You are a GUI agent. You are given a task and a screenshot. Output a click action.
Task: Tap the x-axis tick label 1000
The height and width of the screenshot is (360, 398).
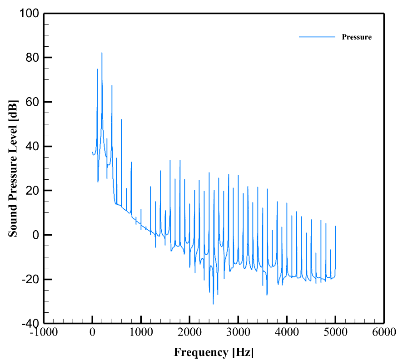click(x=141, y=332)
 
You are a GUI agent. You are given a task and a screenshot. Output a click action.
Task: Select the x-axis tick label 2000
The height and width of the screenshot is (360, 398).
click(x=189, y=332)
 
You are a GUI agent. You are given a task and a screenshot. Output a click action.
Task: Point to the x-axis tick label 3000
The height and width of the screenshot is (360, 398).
click(x=238, y=332)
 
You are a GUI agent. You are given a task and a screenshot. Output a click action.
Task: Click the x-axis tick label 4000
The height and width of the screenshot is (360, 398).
click(x=287, y=332)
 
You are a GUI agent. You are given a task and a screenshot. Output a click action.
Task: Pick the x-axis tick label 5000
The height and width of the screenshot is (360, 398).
click(x=335, y=332)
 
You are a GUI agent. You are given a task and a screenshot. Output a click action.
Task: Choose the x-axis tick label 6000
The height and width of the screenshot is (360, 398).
click(x=384, y=332)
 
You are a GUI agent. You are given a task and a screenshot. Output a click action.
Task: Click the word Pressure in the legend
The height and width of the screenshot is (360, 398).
click(x=356, y=37)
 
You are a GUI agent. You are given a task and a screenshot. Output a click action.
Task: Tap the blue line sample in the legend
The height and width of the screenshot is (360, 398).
click(x=317, y=37)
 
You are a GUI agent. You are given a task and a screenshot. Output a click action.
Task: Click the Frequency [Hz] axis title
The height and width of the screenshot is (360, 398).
click(x=214, y=352)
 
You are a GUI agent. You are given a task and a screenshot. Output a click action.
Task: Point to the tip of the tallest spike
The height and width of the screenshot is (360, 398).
click(x=102, y=53)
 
